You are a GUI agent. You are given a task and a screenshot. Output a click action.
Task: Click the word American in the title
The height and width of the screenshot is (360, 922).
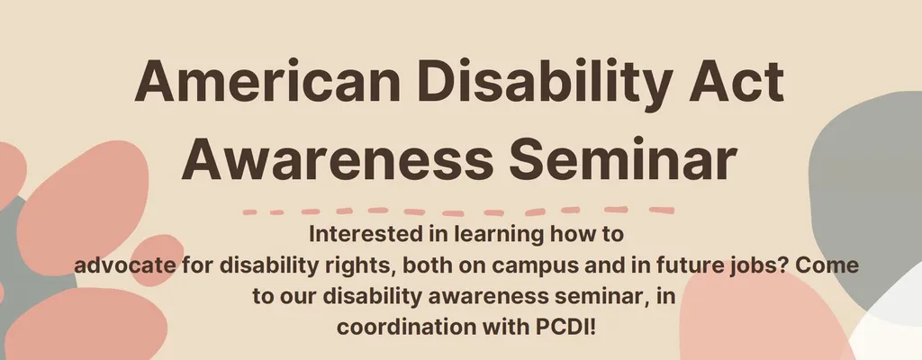tap(268, 81)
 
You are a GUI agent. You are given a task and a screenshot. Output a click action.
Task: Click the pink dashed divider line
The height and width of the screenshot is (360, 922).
tap(458, 211)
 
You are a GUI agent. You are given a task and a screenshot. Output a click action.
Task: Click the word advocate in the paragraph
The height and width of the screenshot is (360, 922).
tap(124, 265)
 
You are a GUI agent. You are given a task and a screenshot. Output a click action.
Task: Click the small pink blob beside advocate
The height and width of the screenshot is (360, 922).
tap(155, 259)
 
